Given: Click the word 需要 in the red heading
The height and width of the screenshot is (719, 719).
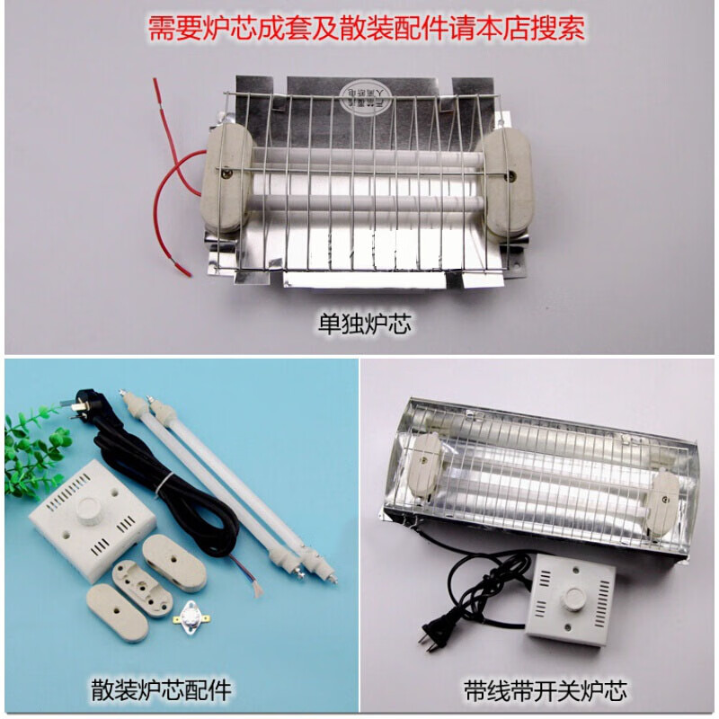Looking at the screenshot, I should pos(168,27).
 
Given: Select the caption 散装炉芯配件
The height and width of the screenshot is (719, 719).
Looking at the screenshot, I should pos(163,690).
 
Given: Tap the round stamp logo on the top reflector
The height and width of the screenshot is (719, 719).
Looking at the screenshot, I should pos(366,93).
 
